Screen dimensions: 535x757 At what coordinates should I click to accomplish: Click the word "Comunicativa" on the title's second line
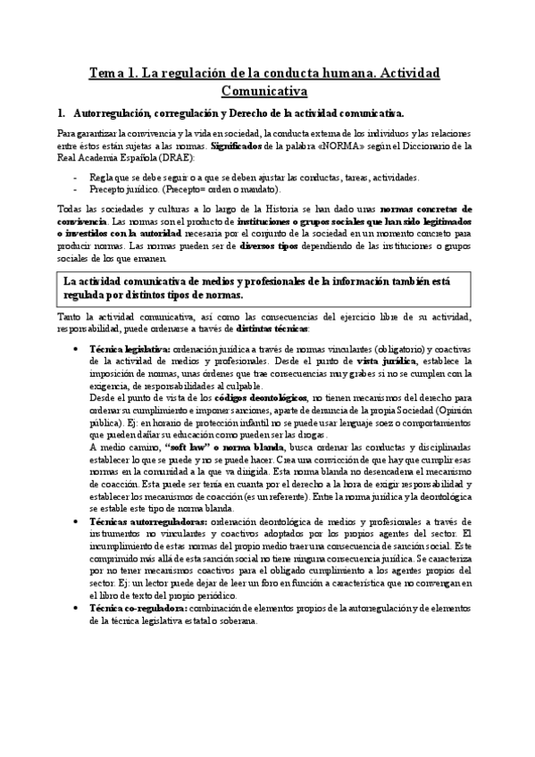264,90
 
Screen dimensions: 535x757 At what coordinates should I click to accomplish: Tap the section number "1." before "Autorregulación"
61,114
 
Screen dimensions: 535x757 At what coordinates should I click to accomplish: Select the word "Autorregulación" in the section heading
117,114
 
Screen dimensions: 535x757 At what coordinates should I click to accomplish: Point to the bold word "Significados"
237,145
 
